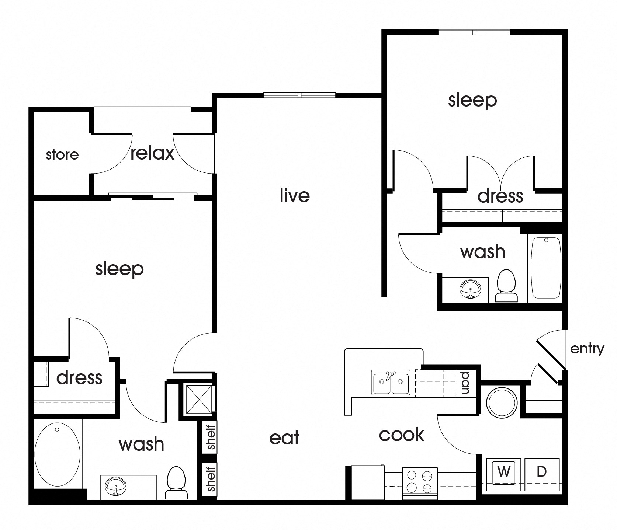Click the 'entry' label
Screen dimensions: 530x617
pos(587,348)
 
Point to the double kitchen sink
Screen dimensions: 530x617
pos(391,383)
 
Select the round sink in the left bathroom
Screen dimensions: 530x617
pos(115,487)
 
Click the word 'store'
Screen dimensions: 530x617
pos(62,154)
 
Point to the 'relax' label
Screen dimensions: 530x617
pos(152,153)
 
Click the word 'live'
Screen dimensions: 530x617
pos(294,195)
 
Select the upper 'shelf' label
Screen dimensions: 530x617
pos(211,437)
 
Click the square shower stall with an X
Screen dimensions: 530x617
pos(199,400)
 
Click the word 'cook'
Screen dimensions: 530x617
pos(401,435)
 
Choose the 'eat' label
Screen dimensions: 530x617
pos(284,438)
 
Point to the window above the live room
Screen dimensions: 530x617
pos(299,95)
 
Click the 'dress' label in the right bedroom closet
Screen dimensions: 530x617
pos(500,196)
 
